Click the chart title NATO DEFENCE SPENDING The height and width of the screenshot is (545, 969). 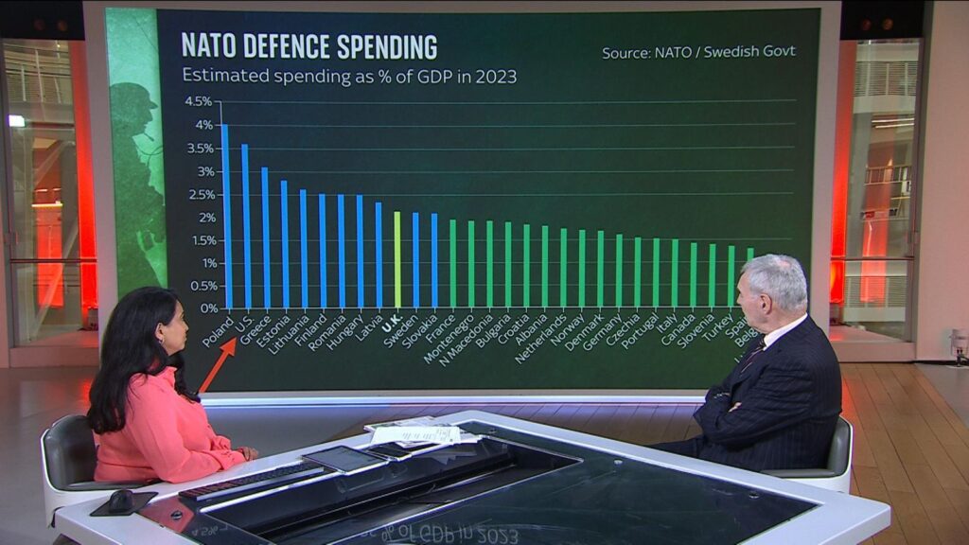tap(308, 45)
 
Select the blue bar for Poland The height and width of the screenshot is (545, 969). tap(226, 218)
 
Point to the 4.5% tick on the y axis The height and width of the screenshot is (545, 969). tap(199, 101)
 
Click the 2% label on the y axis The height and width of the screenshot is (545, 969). tap(203, 217)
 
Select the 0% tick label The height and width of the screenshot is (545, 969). tap(204, 308)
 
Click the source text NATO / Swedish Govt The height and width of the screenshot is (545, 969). tap(698, 52)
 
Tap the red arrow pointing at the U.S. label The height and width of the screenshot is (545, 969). tap(217, 365)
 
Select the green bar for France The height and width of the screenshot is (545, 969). tap(452, 264)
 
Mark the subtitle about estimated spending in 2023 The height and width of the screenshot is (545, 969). tap(349, 77)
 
